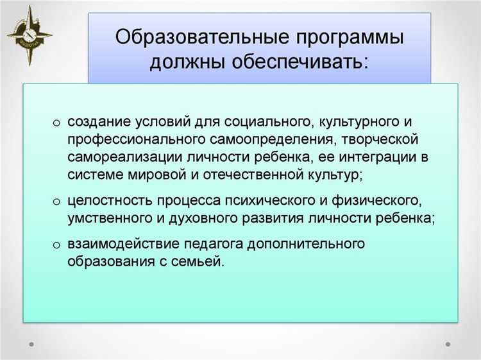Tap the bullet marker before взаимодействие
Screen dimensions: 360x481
pyautogui.click(x=56, y=244)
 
